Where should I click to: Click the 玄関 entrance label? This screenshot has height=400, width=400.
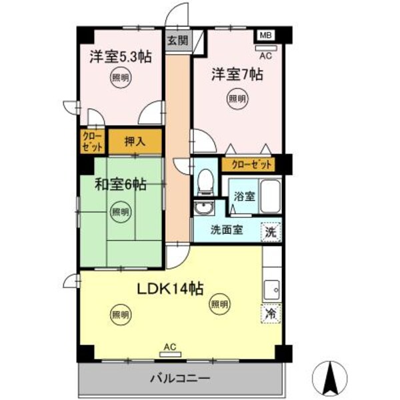pyautogui.click(x=177, y=40)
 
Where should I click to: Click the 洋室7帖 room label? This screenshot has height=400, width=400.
pyautogui.click(x=237, y=74)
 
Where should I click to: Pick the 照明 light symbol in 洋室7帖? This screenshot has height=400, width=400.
pyautogui.click(x=237, y=99)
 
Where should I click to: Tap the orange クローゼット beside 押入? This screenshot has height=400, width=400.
pyautogui.click(x=93, y=141)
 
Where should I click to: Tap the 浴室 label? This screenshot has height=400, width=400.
pyautogui.click(x=244, y=197)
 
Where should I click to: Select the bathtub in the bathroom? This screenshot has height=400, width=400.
pyautogui.click(x=269, y=196)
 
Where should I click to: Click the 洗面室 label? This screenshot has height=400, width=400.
pyautogui.click(x=227, y=231)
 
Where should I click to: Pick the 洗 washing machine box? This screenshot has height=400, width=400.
pyautogui.click(x=271, y=231)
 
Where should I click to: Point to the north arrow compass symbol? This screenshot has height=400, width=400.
pyautogui.click(x=329, y=377)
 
